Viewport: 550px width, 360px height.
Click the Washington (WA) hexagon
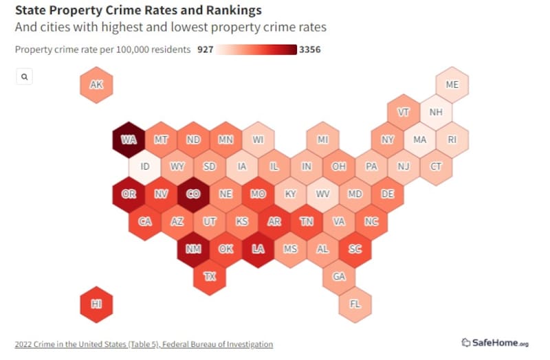(129, 139)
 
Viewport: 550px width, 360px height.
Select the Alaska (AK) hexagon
(96, 85)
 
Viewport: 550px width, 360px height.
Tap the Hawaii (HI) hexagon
(96, 304)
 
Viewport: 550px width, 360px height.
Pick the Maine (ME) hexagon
(452, 85)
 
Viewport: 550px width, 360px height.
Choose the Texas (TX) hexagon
(210, 276)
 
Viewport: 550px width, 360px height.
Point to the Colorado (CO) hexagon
(193, 194)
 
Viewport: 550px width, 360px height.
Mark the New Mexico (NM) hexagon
(193, 249)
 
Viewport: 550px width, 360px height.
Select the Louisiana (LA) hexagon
(258, 249)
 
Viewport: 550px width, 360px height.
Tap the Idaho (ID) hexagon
(145, 167)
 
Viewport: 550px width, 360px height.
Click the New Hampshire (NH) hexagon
(436, 112)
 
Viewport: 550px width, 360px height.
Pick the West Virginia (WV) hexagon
(322, 194)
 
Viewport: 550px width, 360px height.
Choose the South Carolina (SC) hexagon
(355, 249)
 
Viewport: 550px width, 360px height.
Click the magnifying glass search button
(24, 77)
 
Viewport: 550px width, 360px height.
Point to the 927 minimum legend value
(205, 49)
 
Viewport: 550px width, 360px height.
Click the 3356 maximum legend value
(310, 49)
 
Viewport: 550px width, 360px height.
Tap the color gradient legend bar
(256, 49)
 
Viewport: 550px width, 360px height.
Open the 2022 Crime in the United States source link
(144, 344)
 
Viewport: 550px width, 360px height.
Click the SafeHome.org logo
(495, 343)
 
